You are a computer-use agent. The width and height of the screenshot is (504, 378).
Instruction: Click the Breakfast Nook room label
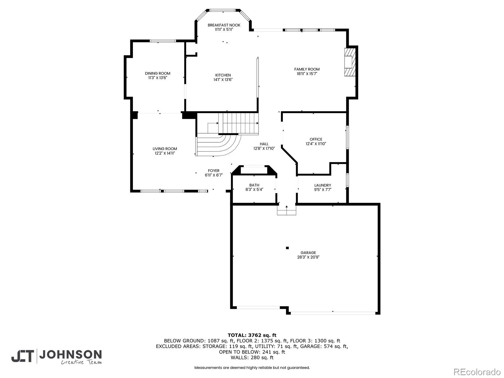(224, 25)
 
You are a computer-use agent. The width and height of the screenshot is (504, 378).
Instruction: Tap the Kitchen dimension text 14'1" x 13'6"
(223, 80)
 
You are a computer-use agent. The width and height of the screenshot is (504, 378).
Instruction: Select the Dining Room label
(157, 73)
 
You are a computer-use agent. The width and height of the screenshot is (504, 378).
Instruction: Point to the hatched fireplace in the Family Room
(350, 62)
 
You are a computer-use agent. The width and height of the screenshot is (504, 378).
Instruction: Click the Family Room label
(307, 69)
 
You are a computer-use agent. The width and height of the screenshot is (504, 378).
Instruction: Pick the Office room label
(316, 139)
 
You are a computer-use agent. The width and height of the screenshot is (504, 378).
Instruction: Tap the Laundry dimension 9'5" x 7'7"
(323, 190)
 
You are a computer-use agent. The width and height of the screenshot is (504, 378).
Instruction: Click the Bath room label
(254, 185)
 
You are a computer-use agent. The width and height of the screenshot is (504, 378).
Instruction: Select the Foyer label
(214, 171)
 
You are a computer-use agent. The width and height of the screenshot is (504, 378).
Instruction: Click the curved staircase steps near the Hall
(217, 145)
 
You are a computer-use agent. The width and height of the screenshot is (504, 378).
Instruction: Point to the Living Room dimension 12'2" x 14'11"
(165, 153)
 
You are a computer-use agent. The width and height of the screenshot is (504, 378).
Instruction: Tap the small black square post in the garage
(287, 248)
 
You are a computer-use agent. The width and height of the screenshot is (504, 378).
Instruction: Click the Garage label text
(308, 253)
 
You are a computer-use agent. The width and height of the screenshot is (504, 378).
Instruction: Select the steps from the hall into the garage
(286, 210)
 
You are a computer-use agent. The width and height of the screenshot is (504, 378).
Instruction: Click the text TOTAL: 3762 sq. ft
(252, 335)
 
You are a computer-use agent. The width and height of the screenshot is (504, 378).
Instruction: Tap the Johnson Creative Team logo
(57, 357)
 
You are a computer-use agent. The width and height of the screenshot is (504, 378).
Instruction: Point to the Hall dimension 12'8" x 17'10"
(264, 148)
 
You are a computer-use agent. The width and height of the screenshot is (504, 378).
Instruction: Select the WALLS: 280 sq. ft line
(252, 358)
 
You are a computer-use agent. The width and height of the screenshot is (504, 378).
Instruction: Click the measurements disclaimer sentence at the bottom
(252, 368)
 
